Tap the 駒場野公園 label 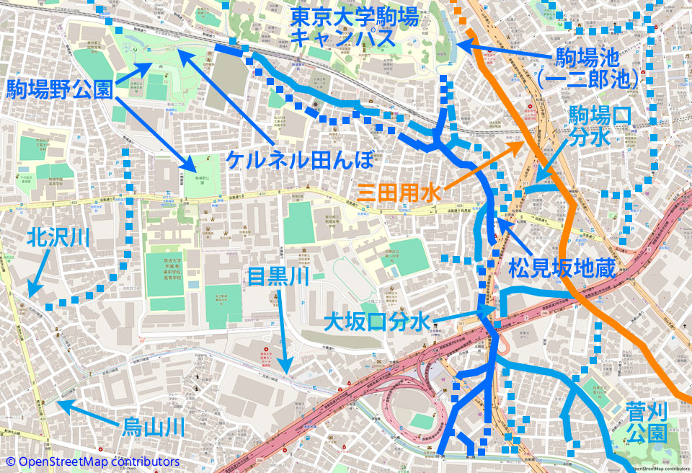click(59, 89)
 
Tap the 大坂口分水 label click(377, 321)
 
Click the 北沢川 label click(58, 238)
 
